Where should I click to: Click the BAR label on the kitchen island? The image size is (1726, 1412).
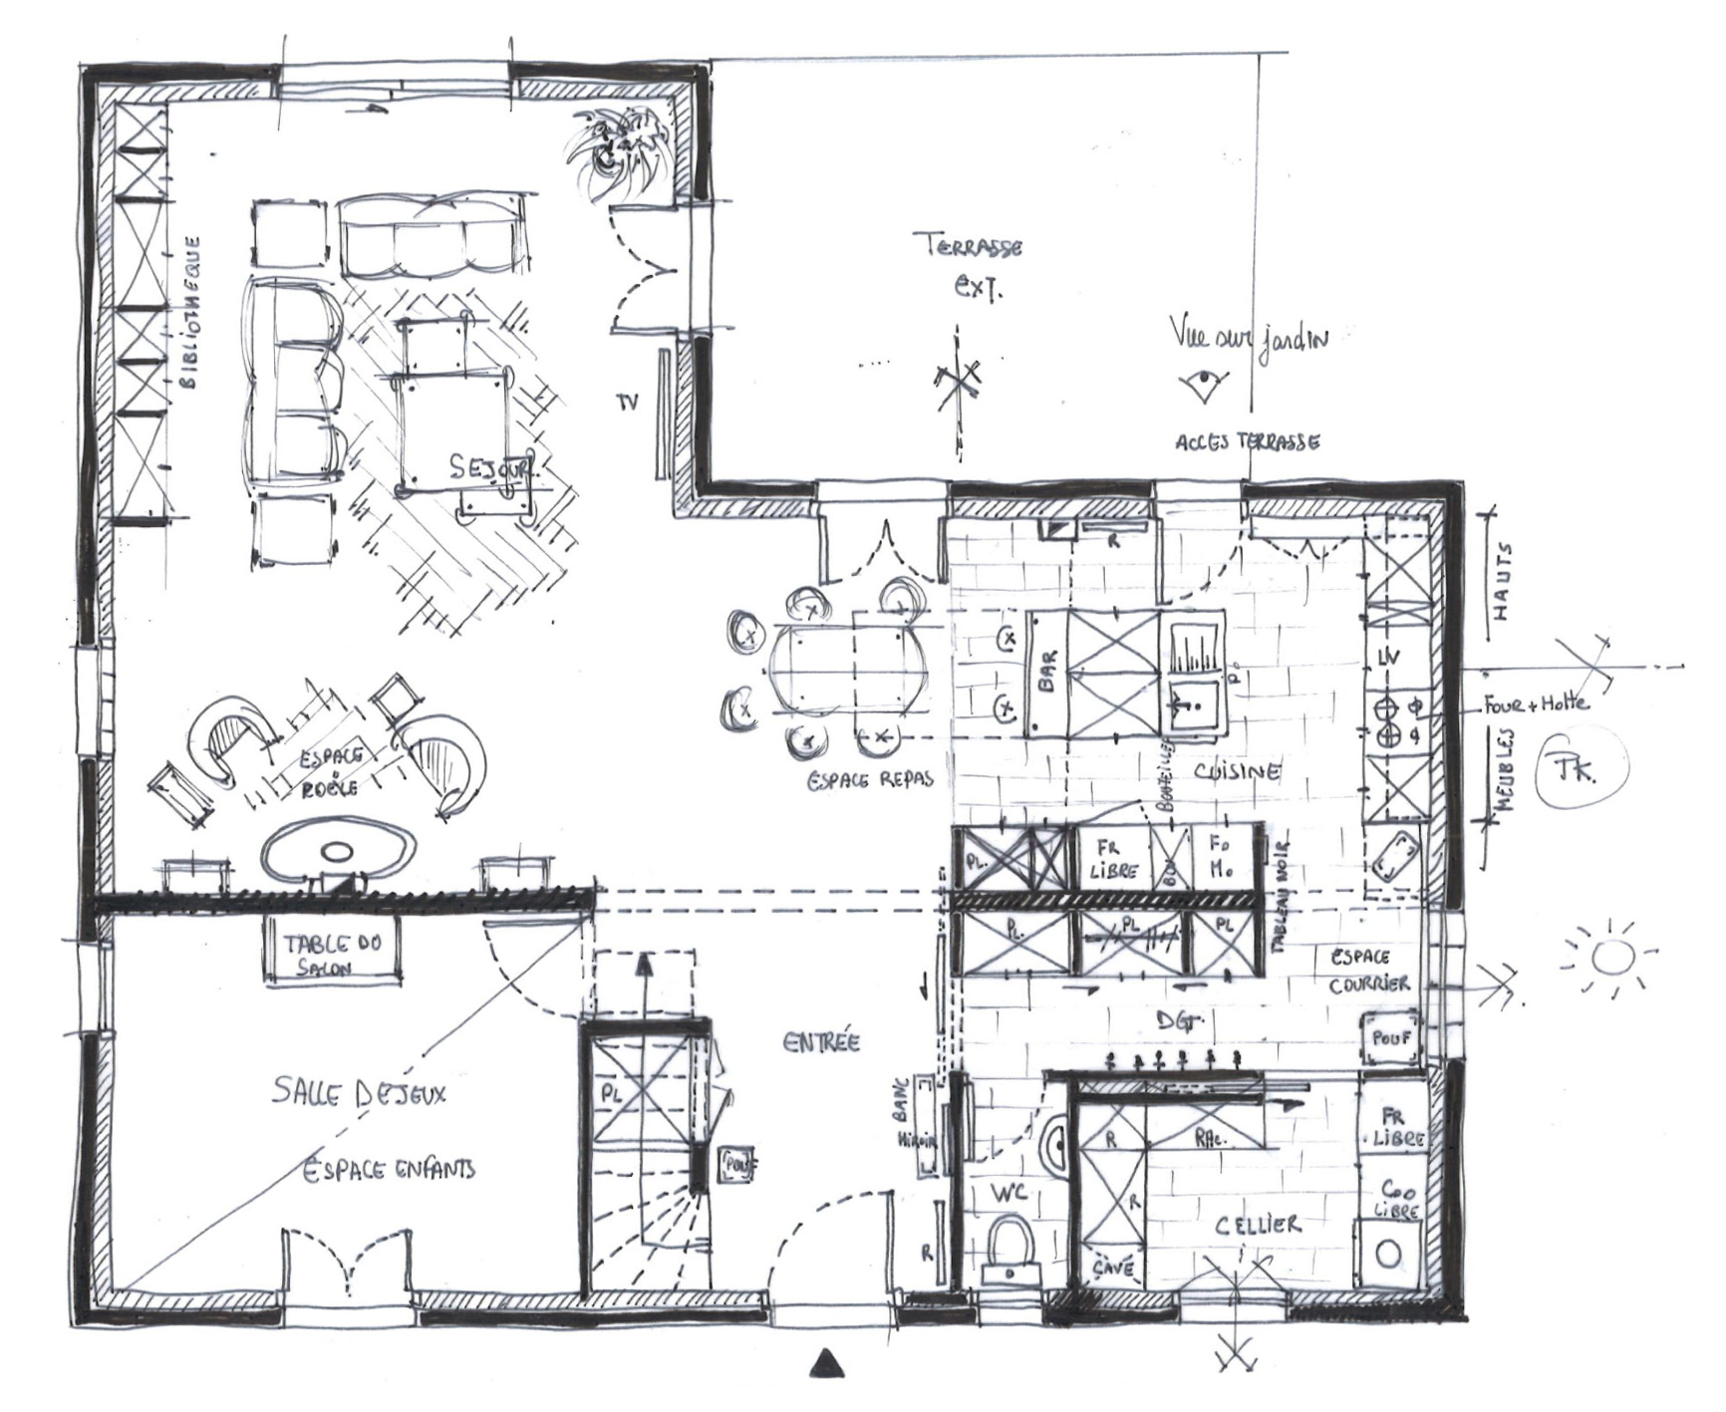click(1047, 674)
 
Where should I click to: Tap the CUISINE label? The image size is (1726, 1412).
click(1237, 771)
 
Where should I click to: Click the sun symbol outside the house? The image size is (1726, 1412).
click(1608, 958)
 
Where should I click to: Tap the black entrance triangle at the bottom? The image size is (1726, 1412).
click(826, 1364)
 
